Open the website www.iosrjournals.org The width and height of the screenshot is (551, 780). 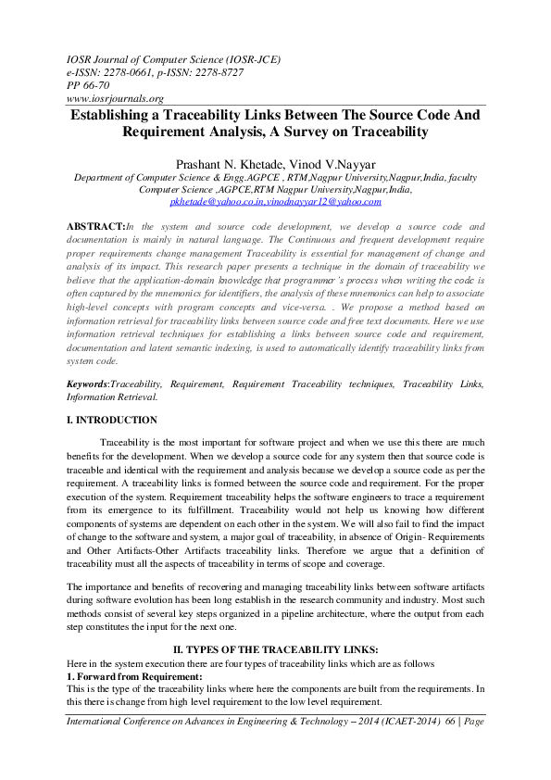pos(116,98)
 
